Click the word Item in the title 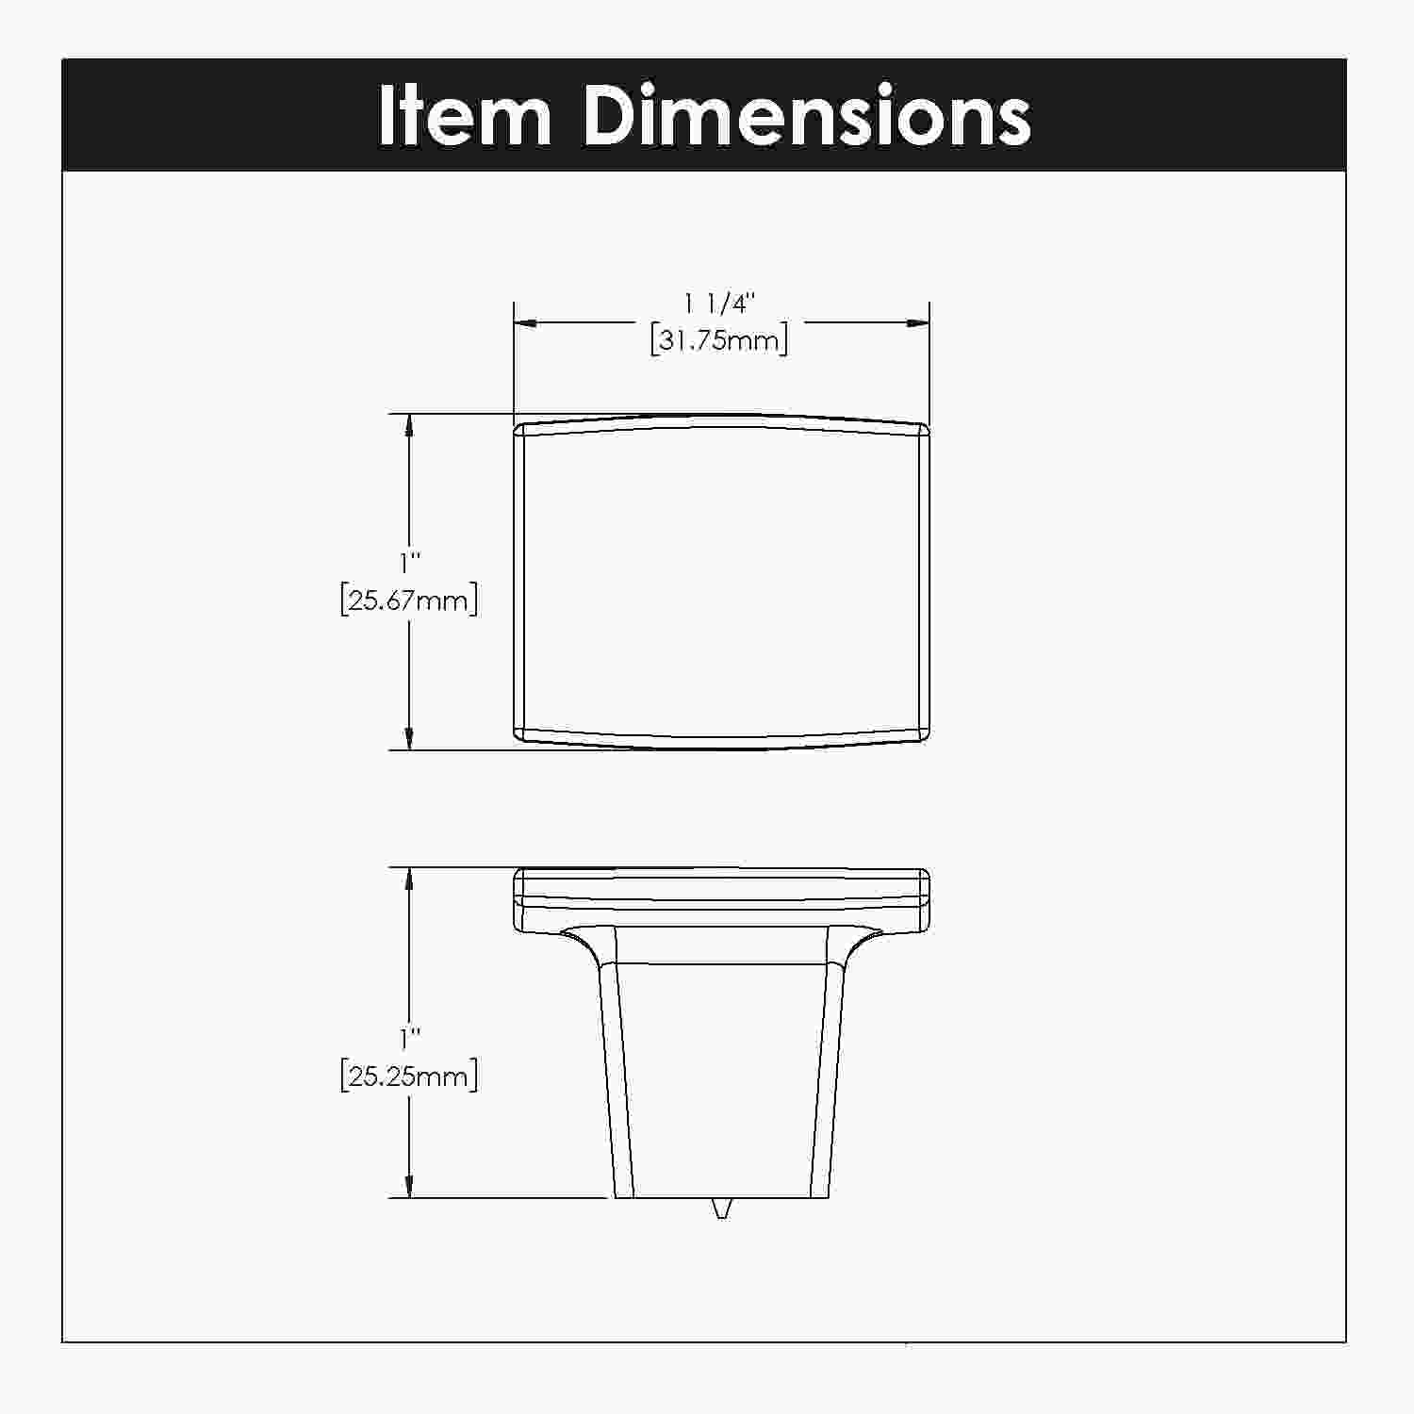point(465,116)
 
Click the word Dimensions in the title point(807,116)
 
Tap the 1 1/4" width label point(721,304)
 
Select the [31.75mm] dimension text point(719,339)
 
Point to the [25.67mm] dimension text point(409,600)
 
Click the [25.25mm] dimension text point(409,1076)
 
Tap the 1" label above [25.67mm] point(409,564)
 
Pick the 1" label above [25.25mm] point(409,1039)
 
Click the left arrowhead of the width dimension point(525,323)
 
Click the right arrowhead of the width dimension point(918,323)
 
